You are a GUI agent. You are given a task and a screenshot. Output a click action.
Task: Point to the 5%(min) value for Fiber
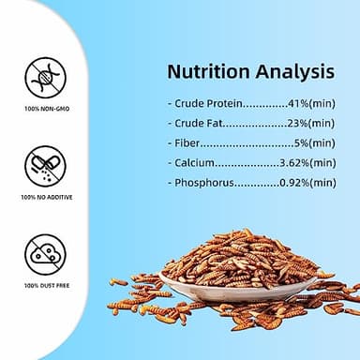coord(315,142)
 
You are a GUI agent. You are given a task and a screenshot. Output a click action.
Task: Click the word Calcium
coord(194,162)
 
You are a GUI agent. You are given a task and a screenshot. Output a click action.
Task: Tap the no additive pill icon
coord(45,165)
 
